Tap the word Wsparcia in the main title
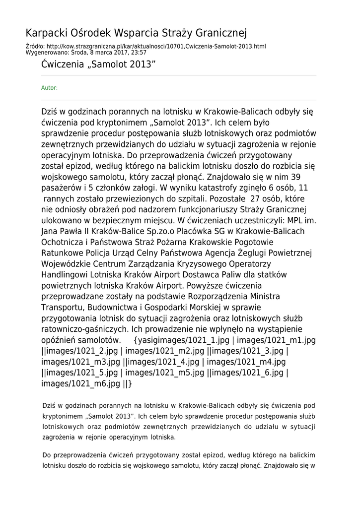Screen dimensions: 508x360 pos(134,33)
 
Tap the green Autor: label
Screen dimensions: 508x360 pos(49,88)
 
